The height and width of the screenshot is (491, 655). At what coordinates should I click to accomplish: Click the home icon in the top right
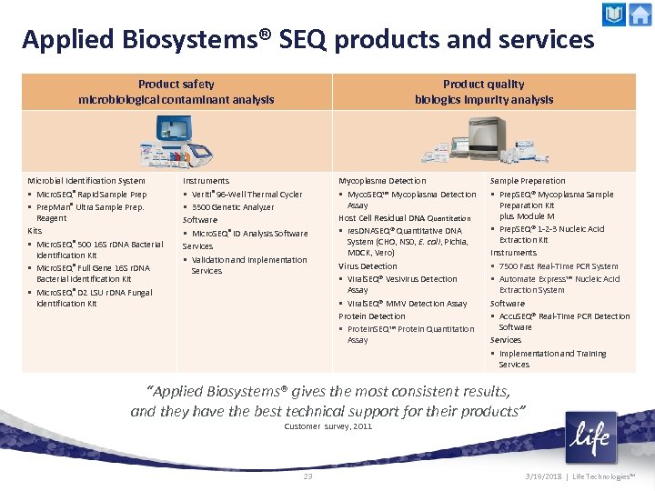point(640,15)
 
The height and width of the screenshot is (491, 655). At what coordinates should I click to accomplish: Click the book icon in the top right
point(614,15)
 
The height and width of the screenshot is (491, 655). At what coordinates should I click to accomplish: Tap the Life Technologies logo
point(590,438)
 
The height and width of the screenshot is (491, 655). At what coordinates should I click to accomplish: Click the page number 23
point(307,476)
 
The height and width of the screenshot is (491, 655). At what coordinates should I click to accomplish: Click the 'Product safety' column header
point(176,85)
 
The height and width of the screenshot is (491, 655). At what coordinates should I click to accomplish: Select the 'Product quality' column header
point(483,85)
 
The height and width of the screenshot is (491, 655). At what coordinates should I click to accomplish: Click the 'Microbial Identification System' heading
point(86,181)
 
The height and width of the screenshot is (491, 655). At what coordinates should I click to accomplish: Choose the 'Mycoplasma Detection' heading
point(382,181)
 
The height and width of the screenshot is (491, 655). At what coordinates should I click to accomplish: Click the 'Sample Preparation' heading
point(528,181)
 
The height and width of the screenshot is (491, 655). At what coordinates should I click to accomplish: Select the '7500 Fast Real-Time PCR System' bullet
point(559,266)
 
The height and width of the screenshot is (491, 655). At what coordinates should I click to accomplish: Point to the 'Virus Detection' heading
point(368,266)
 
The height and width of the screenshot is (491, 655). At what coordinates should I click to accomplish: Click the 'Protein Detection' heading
point(372,316)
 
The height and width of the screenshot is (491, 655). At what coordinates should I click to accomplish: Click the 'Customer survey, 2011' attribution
point(327,426)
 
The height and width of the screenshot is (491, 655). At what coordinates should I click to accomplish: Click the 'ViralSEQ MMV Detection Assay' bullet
point(407,304)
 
